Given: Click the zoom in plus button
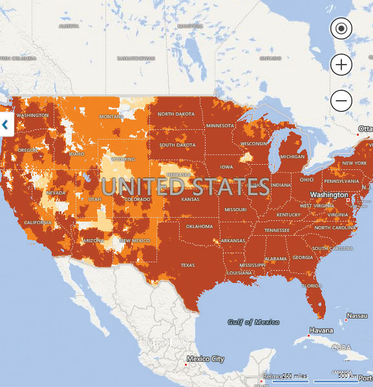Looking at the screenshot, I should coord(341,64).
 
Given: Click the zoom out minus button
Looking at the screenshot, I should coord(341,100).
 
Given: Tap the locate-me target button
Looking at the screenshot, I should coord(341,28).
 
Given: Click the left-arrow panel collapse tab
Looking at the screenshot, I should coord(6,125).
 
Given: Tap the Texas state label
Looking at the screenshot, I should coord(187,265).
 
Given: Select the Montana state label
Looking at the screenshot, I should coord(111,116).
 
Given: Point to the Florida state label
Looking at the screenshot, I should coord(312,286).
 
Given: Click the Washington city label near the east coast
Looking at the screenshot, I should coord(329,194).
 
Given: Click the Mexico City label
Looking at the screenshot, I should coord(205,358).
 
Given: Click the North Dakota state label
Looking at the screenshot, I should coord(176,114).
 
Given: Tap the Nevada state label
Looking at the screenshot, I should coord(56,193).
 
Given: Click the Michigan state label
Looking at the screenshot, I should coord(292,156).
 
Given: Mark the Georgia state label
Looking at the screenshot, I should coord(303,257).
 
